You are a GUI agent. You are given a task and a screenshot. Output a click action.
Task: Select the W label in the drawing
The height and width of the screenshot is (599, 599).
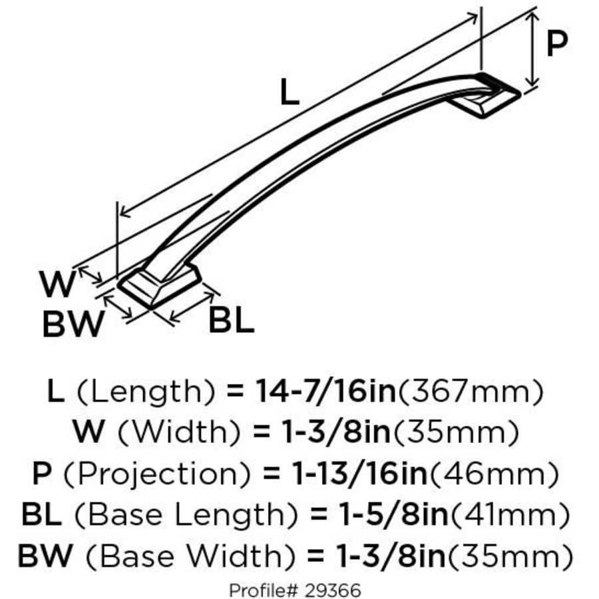point(59,286)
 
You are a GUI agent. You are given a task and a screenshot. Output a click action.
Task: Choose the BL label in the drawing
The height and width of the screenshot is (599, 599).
point(231,321)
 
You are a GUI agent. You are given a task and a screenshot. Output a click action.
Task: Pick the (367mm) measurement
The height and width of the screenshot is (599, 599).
point(471,391)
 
